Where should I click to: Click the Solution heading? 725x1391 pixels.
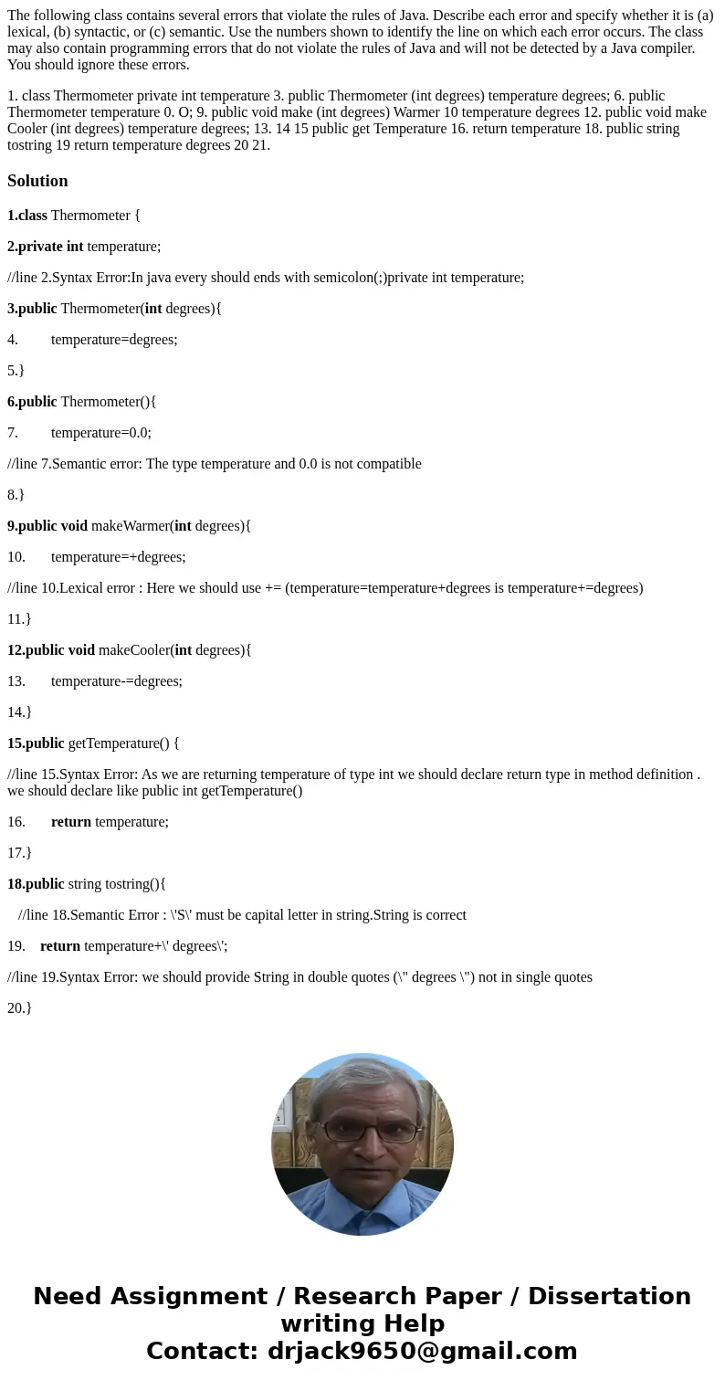37,181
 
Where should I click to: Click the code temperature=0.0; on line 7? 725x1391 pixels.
101,432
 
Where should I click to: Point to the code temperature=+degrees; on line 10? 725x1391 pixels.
118,556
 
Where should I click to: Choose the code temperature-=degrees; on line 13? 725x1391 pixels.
116,680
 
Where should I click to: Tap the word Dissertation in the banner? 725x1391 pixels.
609,1296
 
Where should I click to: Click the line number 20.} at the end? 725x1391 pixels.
19,1007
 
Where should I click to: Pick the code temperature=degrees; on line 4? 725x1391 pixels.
114,339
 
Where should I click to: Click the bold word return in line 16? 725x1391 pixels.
71,821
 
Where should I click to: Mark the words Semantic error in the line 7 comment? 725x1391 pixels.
91,463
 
